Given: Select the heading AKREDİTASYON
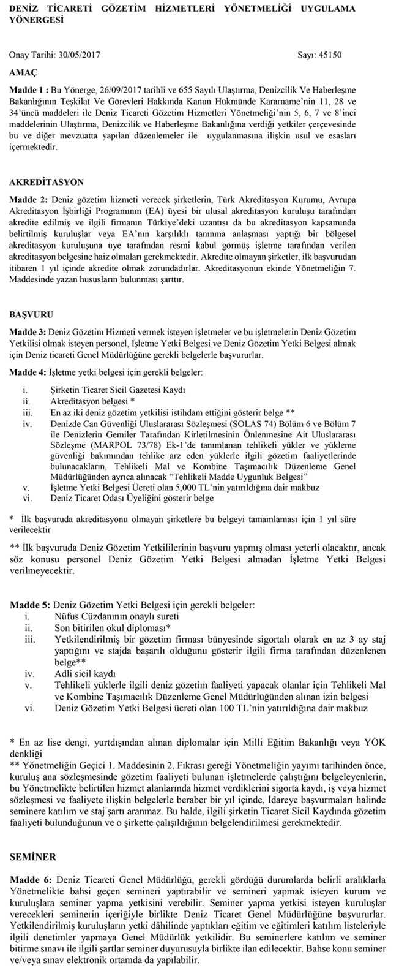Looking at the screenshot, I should (x=47, y=183).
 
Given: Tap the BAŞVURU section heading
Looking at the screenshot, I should (x=31, y=315).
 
